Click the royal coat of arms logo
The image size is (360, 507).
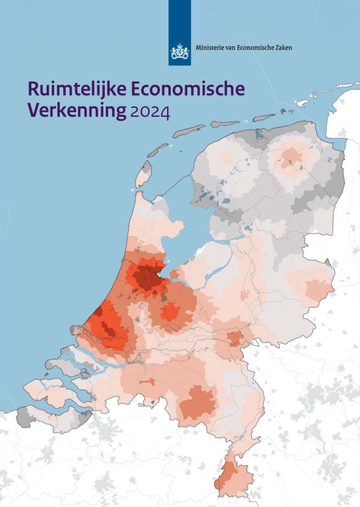tap(179, 51)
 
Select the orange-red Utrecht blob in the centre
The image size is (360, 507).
tap(170, 311)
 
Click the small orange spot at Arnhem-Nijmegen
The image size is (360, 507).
tap(235, 338)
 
